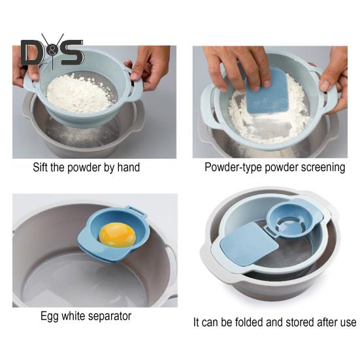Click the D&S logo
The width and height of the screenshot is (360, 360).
tap(52, 52)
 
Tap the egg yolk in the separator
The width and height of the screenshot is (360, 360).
tap(118, 235)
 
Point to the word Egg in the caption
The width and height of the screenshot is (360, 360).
tap(50, 316)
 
